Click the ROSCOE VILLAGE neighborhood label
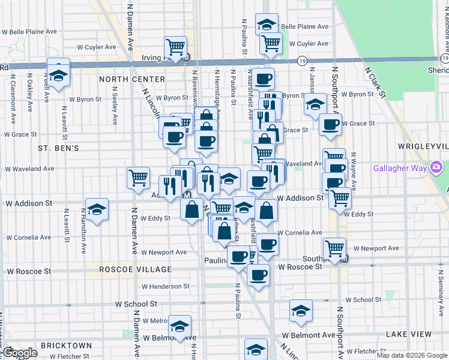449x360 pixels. pos(136,270)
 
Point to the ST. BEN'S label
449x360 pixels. pos(58,148)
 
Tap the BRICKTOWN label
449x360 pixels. pos(66,346)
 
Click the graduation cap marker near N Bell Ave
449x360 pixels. pos(58,74)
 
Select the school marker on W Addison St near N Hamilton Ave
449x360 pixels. pos(97,209)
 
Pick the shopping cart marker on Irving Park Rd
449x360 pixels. pos(175,46)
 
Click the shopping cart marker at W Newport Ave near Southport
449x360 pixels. pos(334,248)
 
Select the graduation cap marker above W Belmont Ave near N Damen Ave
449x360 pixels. pos(180,326)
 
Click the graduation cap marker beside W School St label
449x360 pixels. pos(301,310)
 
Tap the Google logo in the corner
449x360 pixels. pos(19,353)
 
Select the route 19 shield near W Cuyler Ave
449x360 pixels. pos(303,61)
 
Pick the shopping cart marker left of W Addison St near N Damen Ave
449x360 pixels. pos(138,177)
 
